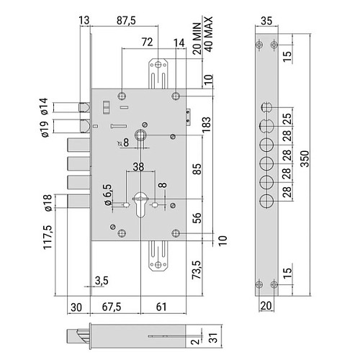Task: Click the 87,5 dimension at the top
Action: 126,21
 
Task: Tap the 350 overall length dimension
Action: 305,158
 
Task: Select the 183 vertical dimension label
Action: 206,125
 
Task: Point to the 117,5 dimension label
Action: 48,238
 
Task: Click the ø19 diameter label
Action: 45,129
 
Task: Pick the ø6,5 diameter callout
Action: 108,194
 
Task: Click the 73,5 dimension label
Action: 197,270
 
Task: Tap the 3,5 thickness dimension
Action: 102,280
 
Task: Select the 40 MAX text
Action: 209,34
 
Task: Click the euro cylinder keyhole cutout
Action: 140,204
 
